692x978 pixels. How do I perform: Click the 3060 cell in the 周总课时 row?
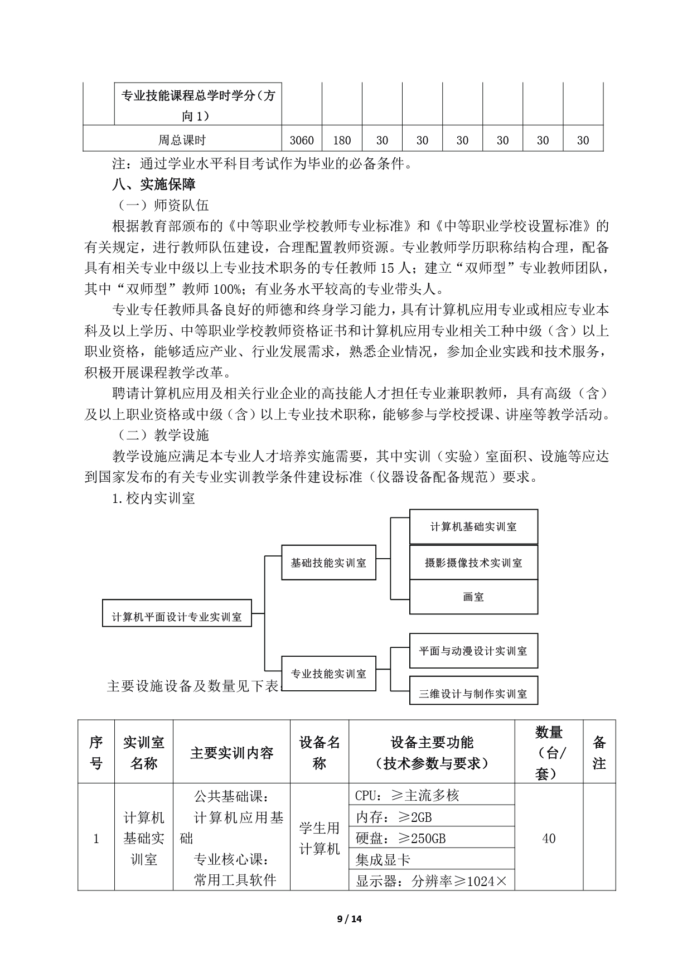[302, 141]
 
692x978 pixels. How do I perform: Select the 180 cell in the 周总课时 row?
[342, 141]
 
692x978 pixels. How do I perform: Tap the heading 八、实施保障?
[154, 183]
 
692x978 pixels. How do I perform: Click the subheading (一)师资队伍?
[161, 205]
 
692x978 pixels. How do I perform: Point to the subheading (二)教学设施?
[161, 434]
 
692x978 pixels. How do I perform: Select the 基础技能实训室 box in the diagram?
[328, 563]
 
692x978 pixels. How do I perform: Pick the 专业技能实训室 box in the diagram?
[328, 674]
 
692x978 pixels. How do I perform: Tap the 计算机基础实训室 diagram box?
[473, 526]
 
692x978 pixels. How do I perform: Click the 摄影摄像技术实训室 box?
[473, 562]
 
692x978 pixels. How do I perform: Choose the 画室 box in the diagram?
[473, 597]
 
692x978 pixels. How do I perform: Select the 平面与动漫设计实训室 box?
[473, 651]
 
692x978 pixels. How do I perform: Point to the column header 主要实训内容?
[231, 753]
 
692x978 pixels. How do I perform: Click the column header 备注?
[599, 753]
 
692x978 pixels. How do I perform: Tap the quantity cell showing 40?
[549, 839]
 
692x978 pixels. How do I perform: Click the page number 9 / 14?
[350, 919]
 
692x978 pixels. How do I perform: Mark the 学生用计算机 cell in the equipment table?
[320, 839]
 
